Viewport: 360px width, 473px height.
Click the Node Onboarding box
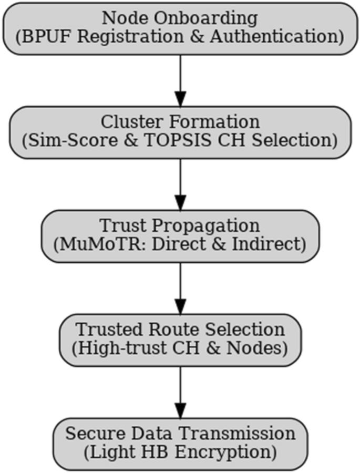click(x=180, y=27)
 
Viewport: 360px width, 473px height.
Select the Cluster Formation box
click(x=180, y=131)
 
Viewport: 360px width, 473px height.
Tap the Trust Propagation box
click(x=180, y=235)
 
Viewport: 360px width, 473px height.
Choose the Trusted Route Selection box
click(x=180, y=340)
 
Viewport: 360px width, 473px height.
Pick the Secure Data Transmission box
click(x=180, y=443)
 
